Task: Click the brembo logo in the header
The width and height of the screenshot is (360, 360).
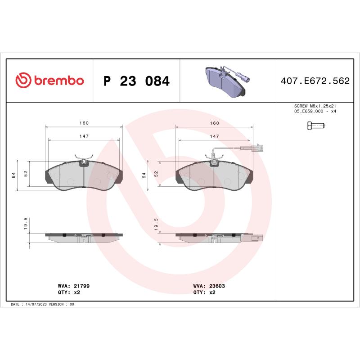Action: tap(49, 81)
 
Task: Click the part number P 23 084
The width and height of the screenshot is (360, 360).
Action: tap(136, 81)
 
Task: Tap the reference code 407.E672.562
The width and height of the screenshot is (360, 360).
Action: tap(315, 81)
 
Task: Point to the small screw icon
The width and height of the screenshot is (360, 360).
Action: tap(315, 126)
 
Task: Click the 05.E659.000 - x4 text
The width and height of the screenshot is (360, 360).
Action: tap(315, 111)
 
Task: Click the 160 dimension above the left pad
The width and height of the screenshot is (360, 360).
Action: tap(84, 123)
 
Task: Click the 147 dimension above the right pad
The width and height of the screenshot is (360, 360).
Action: tap(215, 136)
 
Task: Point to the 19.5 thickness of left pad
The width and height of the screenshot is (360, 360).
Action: tap(26, 224)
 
